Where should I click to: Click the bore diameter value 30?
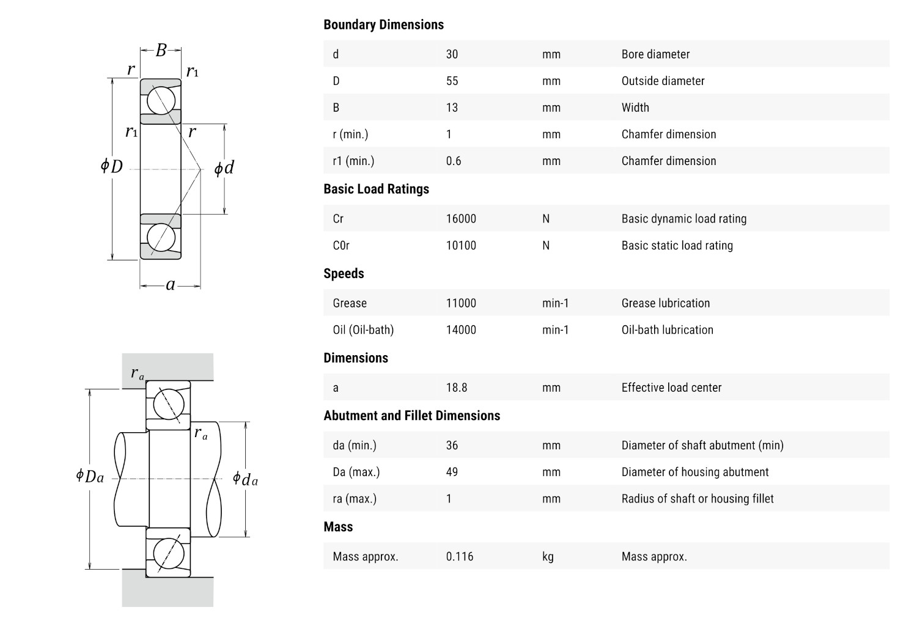click(x=452, y=54)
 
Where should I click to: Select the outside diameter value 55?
click(x=452, y=81)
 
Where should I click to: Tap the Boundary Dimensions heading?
click(x=383, y=24)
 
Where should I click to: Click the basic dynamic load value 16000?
click(x=461, y=218)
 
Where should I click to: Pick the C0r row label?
click(x=341, y=245)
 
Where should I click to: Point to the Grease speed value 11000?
click(x=461, y=303)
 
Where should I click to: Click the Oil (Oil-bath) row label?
click(x=363, y=329)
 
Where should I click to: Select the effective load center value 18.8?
click(x=457, y=387)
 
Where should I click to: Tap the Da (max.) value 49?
click(x=452, y=471)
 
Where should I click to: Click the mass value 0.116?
click(x=460, y=556)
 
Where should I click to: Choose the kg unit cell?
click(x=548, y=556)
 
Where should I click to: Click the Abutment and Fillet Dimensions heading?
click(x=411, y=416)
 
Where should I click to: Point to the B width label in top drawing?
click(x=161, y=50)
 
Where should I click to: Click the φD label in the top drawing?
click(x=112, y=166)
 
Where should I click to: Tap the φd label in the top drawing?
click(x=224, y=168)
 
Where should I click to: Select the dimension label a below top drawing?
click(x=171, y=285)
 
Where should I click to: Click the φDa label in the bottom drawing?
click(x=90, y=476)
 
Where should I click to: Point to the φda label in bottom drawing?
click(x=245, y=479)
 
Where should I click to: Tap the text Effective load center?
click(x=671, y=387)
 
